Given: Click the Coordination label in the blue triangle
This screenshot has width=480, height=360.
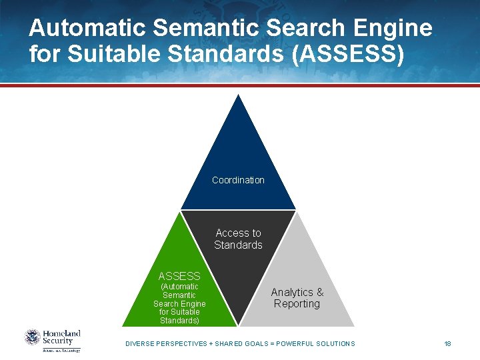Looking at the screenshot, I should click(238, 180).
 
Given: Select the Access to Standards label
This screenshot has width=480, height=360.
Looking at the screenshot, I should click(238, 239).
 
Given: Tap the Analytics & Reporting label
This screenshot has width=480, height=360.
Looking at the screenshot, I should click(297, 298).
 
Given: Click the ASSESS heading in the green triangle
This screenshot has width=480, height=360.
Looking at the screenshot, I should click(179, 275).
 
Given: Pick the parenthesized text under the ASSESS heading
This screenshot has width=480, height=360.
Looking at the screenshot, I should click(179, 303).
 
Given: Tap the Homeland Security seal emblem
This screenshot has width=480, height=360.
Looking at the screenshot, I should click(33, 337).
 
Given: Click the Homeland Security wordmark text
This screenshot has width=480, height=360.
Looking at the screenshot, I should click(62, 337).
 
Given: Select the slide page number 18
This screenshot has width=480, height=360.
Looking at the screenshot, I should click(447, 343).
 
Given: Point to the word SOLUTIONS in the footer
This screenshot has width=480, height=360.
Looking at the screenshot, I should click(333, 343).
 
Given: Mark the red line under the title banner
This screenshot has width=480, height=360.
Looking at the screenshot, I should click(240, 85).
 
